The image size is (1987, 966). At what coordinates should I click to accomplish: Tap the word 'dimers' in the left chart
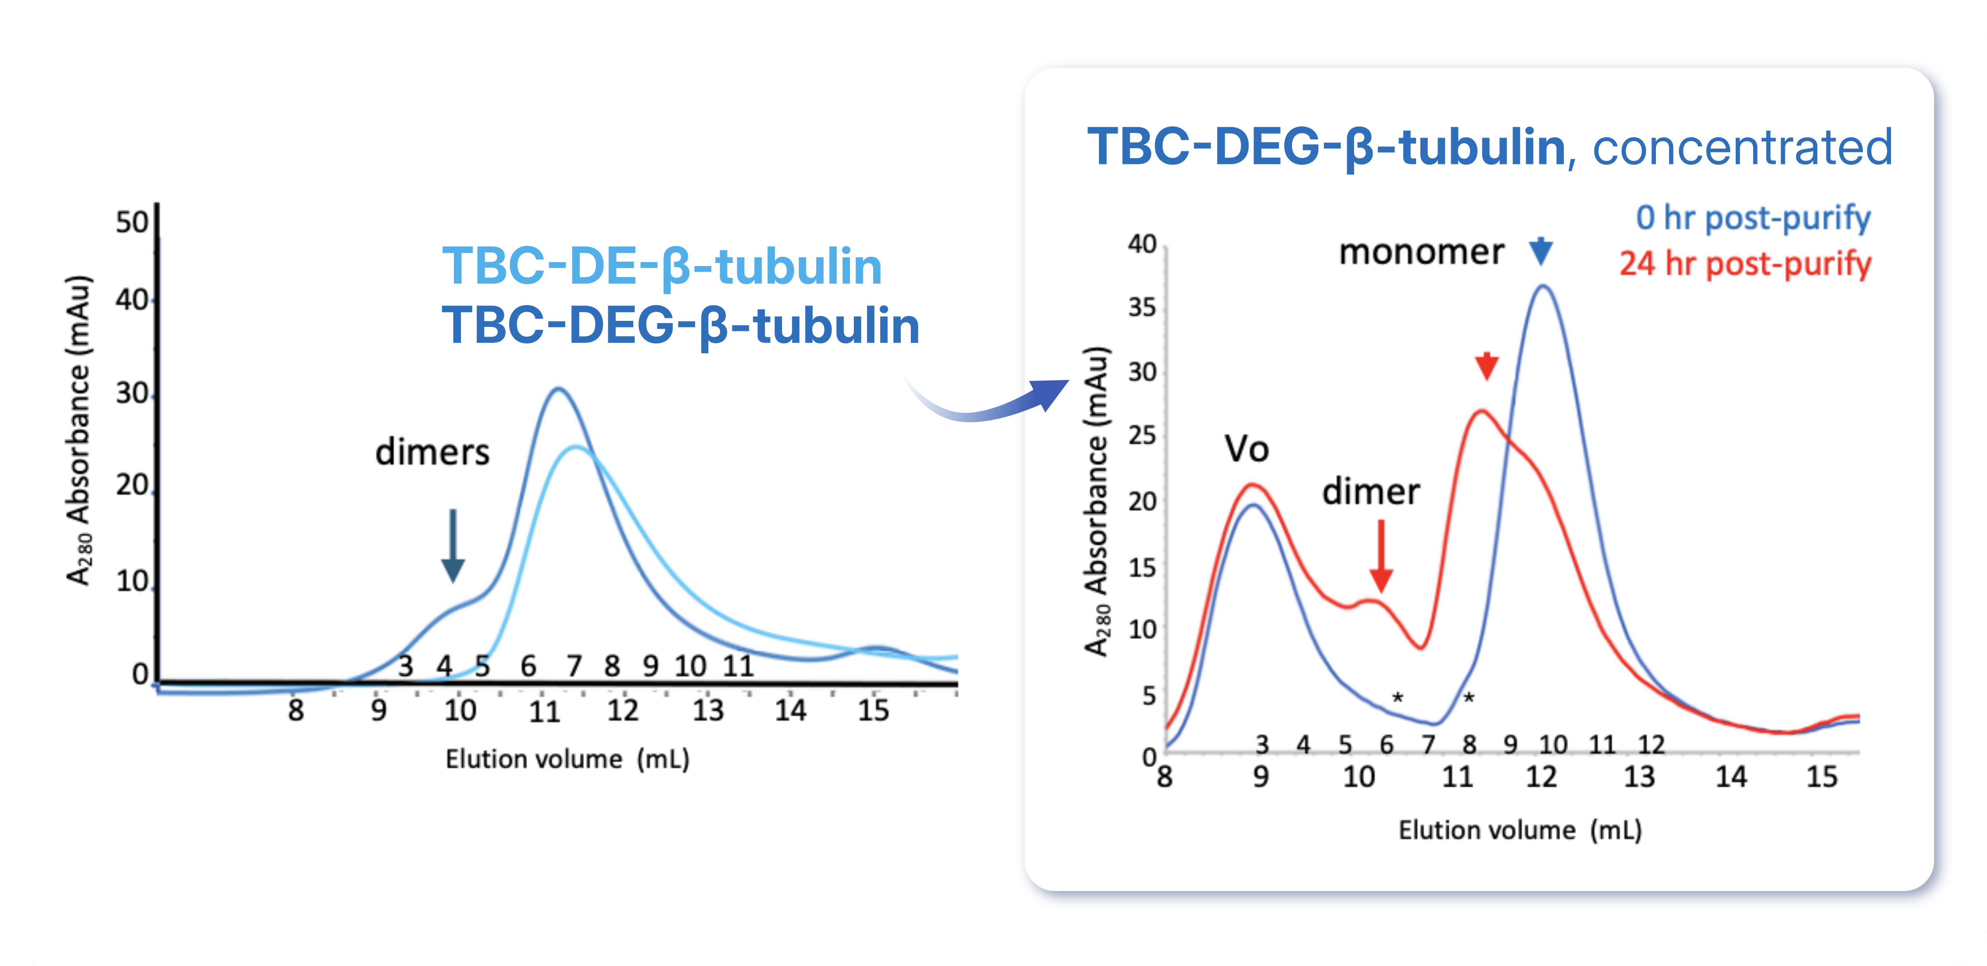click(432, 452)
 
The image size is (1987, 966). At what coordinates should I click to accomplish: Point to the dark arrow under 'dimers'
click(453, 545)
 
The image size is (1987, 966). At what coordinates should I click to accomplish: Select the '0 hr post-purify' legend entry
click(1752, 218)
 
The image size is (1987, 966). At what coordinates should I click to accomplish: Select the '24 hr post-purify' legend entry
click(1745, 264)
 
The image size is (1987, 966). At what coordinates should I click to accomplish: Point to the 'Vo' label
click(1246, 449)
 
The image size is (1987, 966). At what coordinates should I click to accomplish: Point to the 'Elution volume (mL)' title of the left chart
click(567, 760)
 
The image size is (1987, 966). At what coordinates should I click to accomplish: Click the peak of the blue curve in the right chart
click(1543, 286)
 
